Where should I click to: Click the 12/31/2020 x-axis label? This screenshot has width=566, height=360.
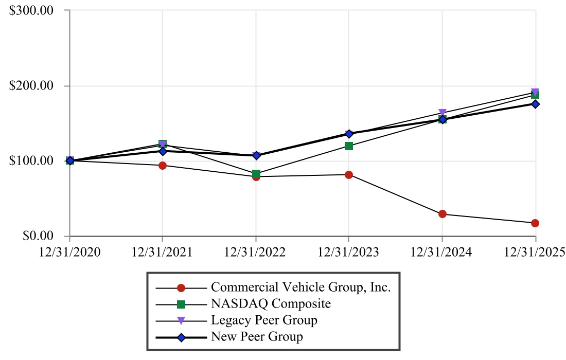(69, 252)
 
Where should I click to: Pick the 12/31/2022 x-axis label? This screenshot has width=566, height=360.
(256, 252)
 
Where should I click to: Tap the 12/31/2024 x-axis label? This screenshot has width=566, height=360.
(442, 252)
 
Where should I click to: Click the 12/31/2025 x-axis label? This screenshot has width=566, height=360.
(535, 252)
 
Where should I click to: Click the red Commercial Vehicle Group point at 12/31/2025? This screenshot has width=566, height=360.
(535, 223)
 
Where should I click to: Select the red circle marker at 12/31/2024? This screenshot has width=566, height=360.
(442, 214)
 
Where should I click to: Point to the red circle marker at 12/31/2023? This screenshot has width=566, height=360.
(349, 175)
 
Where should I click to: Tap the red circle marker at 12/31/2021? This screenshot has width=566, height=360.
(163, 165)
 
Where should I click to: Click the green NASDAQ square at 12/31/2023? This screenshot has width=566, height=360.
(349, 146)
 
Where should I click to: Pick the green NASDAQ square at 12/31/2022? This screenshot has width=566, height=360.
(256, 173)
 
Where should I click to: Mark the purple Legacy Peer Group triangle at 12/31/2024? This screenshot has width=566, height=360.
(442, 113)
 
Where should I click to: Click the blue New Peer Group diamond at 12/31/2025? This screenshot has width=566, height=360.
(535, 104)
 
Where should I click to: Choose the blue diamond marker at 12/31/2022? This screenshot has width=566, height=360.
(256, 155)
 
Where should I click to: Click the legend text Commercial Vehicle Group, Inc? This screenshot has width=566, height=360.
(301, 287)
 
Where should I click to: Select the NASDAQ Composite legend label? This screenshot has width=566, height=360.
(271, 303)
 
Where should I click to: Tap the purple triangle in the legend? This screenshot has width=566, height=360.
(181, 320)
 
